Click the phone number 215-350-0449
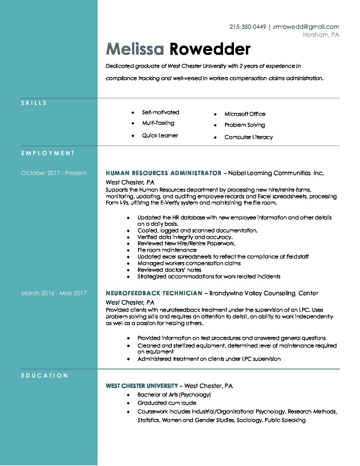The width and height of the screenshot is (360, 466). (x=247, y=27)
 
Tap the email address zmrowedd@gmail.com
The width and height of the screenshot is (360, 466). (x=306, y=27)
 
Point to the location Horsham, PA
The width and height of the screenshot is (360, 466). (x=321, y=35)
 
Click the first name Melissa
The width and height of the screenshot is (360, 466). (x=135, y=49)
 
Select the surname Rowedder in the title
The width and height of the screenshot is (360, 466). (x=210, y=49)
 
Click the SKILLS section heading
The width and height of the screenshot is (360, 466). (x=34, y=103)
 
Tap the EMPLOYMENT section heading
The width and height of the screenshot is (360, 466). (x=48, y=153)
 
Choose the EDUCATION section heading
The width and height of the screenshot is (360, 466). (x=45, y=376)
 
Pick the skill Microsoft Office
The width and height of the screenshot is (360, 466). (x=245, y=114)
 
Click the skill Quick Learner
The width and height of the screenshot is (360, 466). (x=160, y=136)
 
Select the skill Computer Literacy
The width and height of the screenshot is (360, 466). (x=248, y=137)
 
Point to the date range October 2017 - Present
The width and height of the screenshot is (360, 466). (x=54, y=173)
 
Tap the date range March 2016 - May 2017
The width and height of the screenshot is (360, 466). (x=54, y=293)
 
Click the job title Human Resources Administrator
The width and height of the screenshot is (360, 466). (x=163, y=173)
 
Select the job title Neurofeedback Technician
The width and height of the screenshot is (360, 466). (x=154, y=293)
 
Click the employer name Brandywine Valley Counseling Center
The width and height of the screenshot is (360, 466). (x=264, y=293)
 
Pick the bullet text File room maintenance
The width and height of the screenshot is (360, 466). (x=167, y=250)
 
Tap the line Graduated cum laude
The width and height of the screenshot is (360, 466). (x=167, y=403)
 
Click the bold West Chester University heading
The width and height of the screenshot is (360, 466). (x=142, y=386)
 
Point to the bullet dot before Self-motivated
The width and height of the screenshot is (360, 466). (x=133, y=113)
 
